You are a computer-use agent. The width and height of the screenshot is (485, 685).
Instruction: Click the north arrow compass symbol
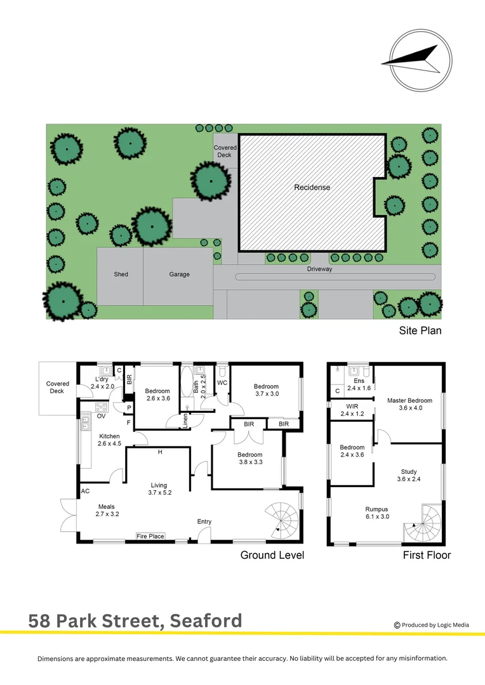tap(421, 60)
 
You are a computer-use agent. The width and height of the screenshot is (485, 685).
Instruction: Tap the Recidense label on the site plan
tap(312, 188)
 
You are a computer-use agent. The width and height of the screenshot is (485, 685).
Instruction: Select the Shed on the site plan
tap(121, 275)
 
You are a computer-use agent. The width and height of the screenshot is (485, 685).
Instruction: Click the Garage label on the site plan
tap(179, 275)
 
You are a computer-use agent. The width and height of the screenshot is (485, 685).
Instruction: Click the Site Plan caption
tap(420, 330)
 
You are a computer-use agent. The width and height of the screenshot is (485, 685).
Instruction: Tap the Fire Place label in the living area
tap(150, 537)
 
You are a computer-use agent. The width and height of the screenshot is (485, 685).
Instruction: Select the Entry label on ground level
tap(204, 522)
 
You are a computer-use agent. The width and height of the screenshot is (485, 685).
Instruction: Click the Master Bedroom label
tap(409, 400)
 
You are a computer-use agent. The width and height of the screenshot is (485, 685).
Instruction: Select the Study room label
tap(409, 471)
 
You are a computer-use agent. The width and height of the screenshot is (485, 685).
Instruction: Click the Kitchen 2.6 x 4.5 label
tap(109, 440)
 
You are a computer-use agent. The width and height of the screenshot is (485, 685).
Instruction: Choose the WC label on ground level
tap(222, 384)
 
